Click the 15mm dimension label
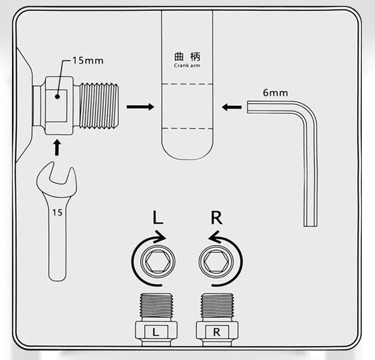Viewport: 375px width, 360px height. point(88,61)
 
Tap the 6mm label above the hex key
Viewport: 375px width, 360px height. point(276,92)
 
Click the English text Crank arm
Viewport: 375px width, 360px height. point(187,65)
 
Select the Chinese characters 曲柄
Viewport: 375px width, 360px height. point(187,56)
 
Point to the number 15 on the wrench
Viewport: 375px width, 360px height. point(58,213)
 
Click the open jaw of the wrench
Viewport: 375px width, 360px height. point(58,177)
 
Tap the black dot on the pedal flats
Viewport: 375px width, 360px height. point(57,97)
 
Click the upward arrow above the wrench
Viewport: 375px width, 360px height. point(56,148)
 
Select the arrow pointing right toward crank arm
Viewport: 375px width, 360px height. point(141,107)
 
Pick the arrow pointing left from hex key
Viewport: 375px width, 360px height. point(231,107)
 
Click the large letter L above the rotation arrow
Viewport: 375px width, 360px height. point(158,218)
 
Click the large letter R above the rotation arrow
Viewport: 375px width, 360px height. point(217,218)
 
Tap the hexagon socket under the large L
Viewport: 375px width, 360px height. point(158,261)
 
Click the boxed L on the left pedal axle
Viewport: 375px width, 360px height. point(156,332)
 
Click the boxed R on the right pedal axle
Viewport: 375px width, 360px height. point(217,332)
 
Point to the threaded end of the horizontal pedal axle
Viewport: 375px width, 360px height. point(99,106)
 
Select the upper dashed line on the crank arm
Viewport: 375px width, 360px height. point(187,84)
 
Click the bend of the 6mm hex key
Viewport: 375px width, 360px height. point(307,113)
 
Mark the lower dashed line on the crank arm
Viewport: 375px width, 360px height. point(187,128)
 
